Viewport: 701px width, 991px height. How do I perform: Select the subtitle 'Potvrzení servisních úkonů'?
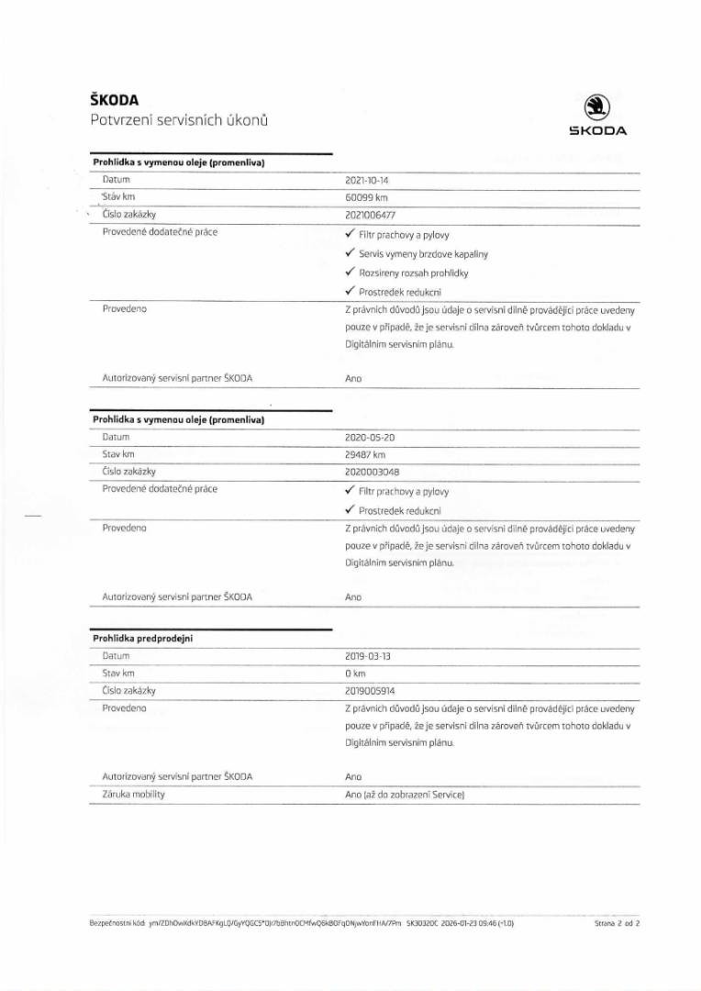179,120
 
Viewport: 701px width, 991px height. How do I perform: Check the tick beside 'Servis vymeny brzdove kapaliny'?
350,253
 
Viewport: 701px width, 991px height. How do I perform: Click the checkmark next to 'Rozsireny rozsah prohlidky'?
350,273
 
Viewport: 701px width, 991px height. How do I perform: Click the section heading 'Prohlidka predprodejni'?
142,639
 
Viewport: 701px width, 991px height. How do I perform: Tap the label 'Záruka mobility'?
134,794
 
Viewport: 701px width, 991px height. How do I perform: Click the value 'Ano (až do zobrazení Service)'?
405,794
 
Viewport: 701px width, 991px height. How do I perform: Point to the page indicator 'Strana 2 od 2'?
617,924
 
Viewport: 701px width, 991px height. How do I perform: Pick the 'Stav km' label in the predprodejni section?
119,674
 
